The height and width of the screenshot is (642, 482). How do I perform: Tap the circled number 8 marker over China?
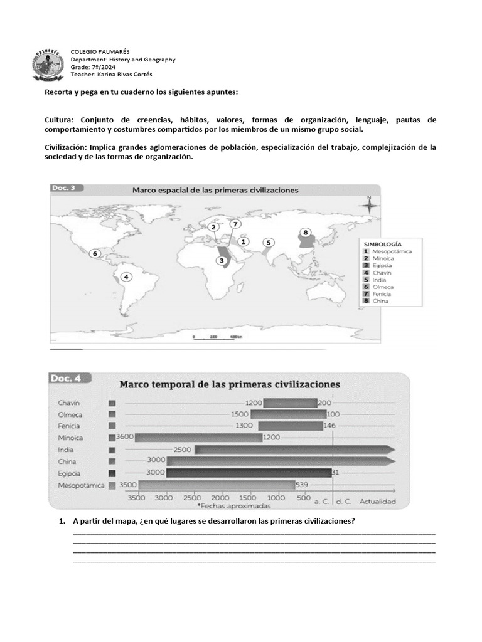click(306, 233)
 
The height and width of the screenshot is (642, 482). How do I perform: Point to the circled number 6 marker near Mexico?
click(95, 254)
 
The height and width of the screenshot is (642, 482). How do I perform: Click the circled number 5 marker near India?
click(268, 242)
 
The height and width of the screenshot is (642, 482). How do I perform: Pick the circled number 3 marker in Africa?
click(222, 260)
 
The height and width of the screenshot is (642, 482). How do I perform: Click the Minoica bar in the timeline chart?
click(198, 438)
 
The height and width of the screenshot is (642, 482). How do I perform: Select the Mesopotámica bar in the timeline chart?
click(217, 485)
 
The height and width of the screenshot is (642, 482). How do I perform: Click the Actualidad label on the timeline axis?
click(378, 502)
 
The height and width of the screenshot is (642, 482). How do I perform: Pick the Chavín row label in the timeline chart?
click(70, 403)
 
